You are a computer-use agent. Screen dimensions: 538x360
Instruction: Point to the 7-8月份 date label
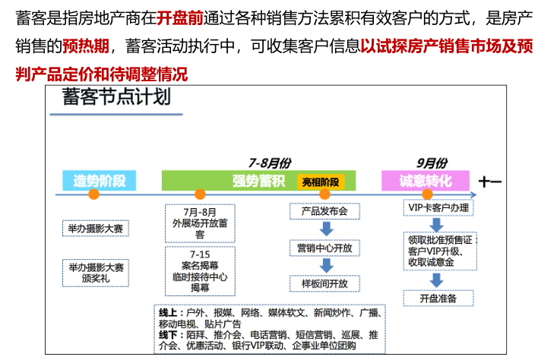coord(269,163)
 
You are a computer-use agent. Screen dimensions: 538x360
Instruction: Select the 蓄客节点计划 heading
coord(117,99)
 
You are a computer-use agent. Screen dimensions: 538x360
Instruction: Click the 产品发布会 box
coord(324,211)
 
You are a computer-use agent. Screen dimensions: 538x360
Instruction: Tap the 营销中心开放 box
coord(324,248)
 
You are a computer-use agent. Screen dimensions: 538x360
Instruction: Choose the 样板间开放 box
coord(324,283)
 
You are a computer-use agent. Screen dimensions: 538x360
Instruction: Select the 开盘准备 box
coord(438,298)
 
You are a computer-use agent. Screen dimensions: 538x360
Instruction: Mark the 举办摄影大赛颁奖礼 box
coord(96,272)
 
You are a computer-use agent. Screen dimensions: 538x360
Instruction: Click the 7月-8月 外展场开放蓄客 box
coord(200,223)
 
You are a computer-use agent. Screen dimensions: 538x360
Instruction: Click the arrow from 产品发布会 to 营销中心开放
coord(324,229)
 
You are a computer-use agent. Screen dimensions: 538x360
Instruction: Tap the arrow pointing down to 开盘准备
coord(438,279)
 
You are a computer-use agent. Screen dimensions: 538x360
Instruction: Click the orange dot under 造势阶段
coord(94,195)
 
